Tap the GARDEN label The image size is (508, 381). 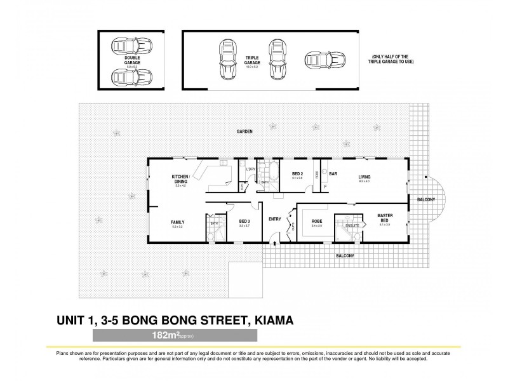[244, 131]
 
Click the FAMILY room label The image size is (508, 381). [177, 222]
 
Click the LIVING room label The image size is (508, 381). [364, 177]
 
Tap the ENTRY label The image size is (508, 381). [275, 219]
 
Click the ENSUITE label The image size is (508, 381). [352, 225]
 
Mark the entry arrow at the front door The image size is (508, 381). [274, 241]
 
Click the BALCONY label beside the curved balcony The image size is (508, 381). [425, 200]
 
